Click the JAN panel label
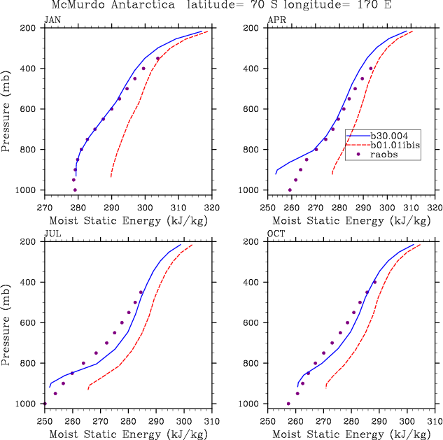[52, 20]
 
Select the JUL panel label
[52, 234]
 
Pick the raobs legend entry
[386, 155]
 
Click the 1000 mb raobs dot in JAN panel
[75, 190]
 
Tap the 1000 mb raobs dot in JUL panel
[45, 404]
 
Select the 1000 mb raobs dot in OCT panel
[288, 404]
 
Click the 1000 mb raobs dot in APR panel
[290, 190]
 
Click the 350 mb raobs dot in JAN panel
[158, 58]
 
